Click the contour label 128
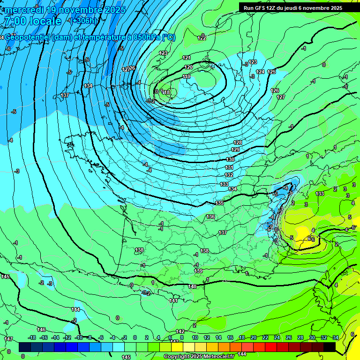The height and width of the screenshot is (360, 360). click(238, 142)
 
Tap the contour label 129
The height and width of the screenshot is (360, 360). click(235, 150)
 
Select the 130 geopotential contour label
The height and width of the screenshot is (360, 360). click(231, 160)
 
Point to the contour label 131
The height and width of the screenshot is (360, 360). click(229, 167)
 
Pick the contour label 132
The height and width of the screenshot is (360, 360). click(229, 175)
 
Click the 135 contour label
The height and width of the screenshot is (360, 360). click(219, 203)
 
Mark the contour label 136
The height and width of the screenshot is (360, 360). click(210, 217)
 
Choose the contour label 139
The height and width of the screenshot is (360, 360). click(198, 271)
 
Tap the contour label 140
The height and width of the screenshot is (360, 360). click(192, 286)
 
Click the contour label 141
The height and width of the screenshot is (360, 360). click(173, 300)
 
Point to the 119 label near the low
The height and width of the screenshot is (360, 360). click(187, 76)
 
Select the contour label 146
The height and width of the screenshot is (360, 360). click(41, 330)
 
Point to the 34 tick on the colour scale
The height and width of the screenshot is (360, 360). click(335, 337)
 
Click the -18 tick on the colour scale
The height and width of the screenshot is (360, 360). click(32, 337)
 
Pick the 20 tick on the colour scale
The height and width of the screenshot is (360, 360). click(253, 337)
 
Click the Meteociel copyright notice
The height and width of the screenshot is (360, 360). click(199, 356)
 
